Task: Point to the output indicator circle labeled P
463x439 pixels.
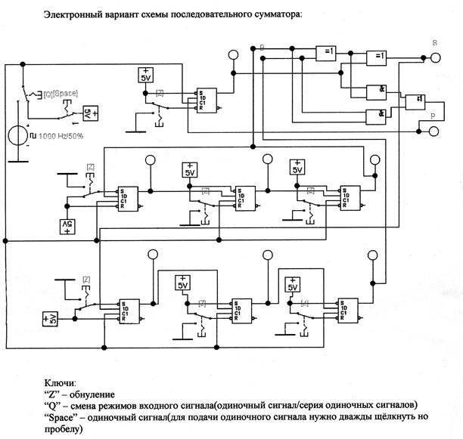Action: click(x=433, y=131)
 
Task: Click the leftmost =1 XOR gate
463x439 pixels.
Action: click(x=327, y=51)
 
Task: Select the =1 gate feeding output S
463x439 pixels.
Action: click(x=376, y=57)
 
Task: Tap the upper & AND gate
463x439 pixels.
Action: click(x=376, y=91)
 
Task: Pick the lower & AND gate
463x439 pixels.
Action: click(x=376, y=116)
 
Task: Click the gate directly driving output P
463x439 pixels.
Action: click(x=415, y=101)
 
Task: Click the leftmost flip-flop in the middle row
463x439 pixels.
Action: click(x=126, y=199)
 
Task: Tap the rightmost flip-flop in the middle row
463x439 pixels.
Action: click(x=349, y=197)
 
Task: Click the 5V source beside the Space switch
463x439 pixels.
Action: click(x=88, y=114)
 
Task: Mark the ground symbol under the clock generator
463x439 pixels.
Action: click(x=17, y=159)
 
